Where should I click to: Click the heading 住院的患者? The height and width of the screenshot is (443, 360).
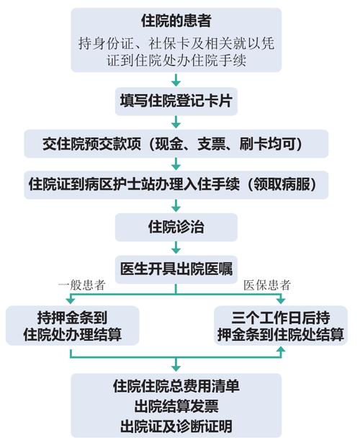pos(176,21)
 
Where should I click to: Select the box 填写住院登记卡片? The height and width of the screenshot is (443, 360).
pos(176,101)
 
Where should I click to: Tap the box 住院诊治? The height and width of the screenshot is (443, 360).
pos(176,227)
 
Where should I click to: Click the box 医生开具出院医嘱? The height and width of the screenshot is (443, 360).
pos(176,269)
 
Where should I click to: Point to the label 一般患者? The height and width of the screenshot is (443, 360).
pos(82,285)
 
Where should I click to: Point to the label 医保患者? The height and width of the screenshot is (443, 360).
pos(267,285)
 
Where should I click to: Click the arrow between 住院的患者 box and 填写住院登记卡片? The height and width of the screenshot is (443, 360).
pos(176,80)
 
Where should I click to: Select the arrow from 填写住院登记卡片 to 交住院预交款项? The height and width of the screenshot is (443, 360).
pos(176,122)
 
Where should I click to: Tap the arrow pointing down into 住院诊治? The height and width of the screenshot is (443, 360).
pos(176,206)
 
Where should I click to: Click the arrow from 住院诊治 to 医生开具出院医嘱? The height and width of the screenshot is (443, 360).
pos(176,248)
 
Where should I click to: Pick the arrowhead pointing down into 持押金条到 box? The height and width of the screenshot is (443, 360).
pos(71,300)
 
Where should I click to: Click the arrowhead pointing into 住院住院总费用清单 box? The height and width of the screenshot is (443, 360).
pos(176,368)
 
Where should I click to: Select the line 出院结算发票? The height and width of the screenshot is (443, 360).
pos(176,406)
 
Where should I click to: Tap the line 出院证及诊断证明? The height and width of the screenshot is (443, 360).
pos(176,426)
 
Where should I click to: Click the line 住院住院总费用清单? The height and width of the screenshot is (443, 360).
pos(176,386)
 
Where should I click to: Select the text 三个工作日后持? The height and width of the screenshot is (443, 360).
pos(281,318)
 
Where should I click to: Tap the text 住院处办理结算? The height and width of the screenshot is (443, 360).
pos(73,334)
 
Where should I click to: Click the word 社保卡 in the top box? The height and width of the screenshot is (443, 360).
pos(166,44)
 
